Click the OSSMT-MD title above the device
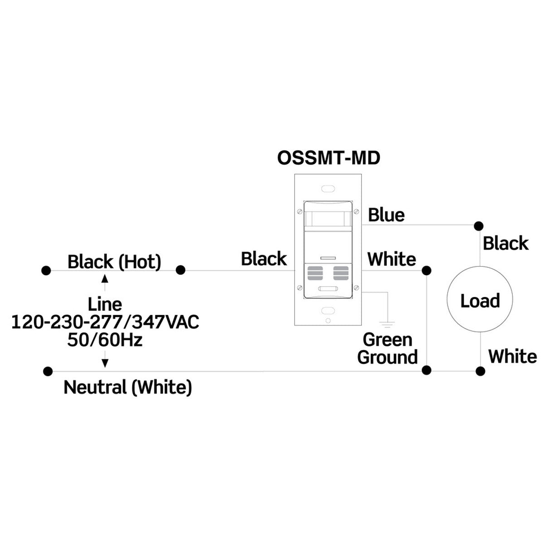(x=328, y=158)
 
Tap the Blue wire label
(x=386, y=214)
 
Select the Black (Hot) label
(x=114, y=262)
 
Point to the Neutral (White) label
(x=128, y=387)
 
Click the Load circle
(x=480, y=300)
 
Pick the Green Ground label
(x=388, y=348)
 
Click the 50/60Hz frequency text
(x=105, y=340)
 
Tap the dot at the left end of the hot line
(x=45, y=271)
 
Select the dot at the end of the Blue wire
(x=478, y=225)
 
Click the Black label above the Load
(x=505, y=243)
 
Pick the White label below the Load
(x=512, y=356)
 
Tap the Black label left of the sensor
(x=264, y=259)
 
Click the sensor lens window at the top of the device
(x=328, y=218)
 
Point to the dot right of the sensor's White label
(x=426, y=271)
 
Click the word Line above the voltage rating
(x=105, y=304)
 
